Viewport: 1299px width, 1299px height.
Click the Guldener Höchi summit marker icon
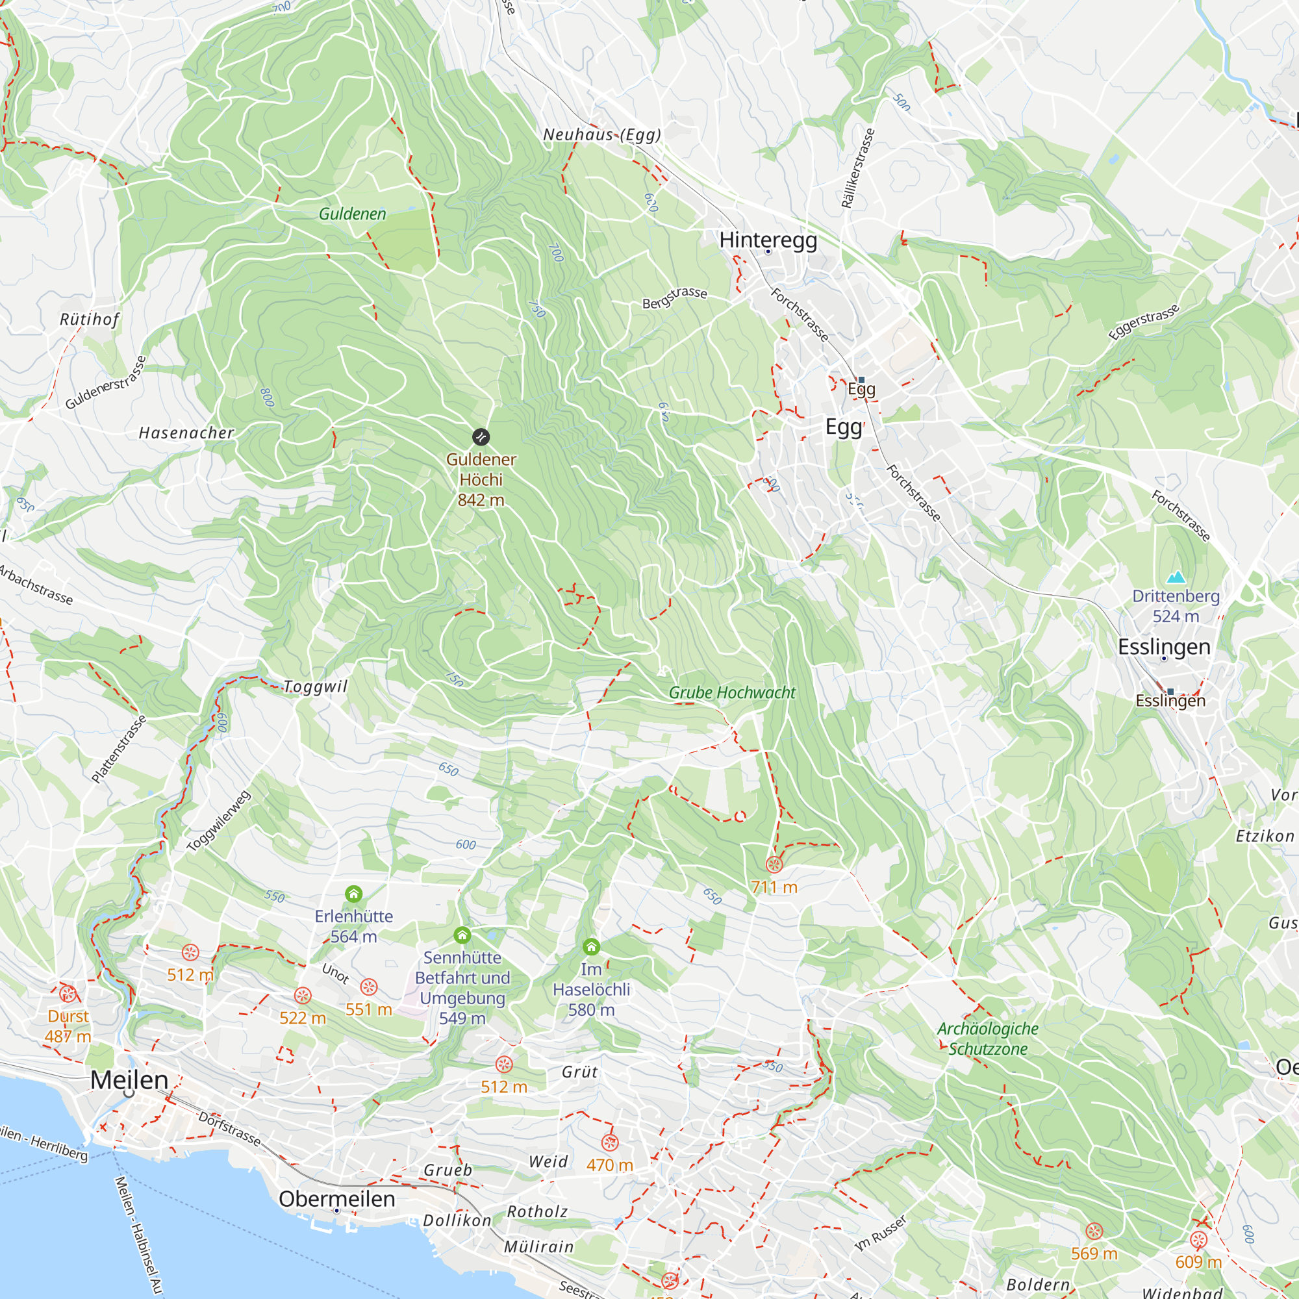(480, 437)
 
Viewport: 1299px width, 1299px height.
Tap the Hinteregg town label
(768, 240)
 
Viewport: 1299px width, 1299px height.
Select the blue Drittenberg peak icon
(1176, 577)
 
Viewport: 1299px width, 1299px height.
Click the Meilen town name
(129, 1080)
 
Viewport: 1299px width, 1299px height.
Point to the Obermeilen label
(337, 1199)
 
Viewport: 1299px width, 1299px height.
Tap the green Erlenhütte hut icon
(354, 894)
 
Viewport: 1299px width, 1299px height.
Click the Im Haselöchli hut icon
(591, 947)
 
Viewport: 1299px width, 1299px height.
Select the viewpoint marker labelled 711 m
(774, 864)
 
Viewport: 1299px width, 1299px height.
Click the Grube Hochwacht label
(731, 692)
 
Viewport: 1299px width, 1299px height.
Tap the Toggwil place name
(316, 687)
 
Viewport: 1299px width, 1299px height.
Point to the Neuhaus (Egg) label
(602, 134)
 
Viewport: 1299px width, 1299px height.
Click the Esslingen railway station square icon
(1170, 691)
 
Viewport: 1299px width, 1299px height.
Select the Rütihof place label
(90, 319)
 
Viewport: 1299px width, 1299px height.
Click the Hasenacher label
(186, 433)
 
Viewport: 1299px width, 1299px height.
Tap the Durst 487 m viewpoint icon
(68, 994)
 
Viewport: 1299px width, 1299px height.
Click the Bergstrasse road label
(674, 297)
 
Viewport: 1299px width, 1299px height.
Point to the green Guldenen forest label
(352, 214)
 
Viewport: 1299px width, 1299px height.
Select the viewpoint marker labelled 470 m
(610, 1142)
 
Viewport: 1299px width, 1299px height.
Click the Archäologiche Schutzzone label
(988, 1039)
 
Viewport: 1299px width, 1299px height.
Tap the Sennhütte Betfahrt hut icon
(462, 935)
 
